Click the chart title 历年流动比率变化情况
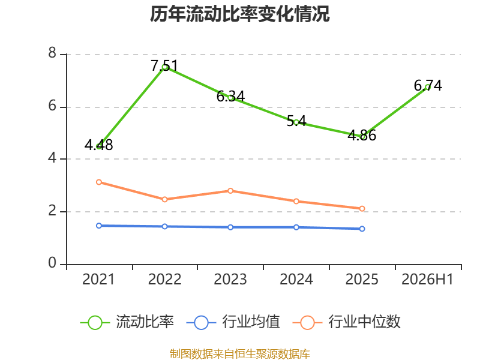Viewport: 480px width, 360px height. (x=239, y=14)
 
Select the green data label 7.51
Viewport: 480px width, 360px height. (x=164, y=66)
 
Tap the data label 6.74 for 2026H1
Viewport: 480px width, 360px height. (x=428, y=85)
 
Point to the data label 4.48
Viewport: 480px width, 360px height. (x=98, y=145)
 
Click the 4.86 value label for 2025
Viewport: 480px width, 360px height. (x=362, y=136)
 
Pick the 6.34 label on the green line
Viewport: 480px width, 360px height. (x=230, y=97)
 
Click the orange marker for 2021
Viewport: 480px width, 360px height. (x=99, y=182)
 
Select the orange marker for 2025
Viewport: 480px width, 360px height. (x=362, y=208)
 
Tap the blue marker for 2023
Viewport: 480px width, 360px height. (x=230, y=227)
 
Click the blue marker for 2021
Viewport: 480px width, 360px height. (x=99, y=226)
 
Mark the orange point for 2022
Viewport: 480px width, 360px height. (x=164, y=199)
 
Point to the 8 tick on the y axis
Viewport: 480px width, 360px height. (x=52, y=53)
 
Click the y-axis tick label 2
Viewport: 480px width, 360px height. (x=52, y=211)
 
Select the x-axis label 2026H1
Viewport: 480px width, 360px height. (x=427, y=279)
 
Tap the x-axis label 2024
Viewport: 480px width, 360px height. (x=296, y=279)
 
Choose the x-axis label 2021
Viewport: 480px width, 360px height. (x=98, y=279)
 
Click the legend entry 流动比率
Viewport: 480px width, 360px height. (x=127, y=322)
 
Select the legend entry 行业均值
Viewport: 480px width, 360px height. (x=233, y=322)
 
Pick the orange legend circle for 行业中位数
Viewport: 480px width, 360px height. (x=307, y=323)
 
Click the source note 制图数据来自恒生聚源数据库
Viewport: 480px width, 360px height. (x=239, y=353)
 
